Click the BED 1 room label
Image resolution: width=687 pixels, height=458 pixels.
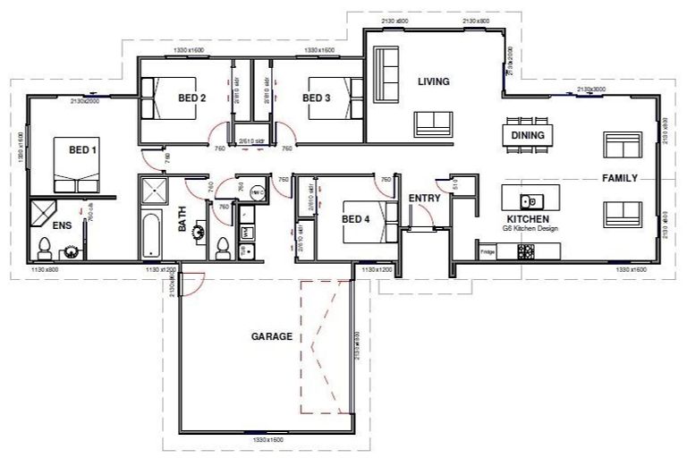[x=83, y=150]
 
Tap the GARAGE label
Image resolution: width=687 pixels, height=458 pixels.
[x=271, y=337]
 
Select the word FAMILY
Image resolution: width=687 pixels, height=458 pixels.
[x=619, y=178]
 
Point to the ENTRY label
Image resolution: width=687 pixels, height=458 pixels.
[x=423, y=199]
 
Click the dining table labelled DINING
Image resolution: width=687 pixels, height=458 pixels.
[x=528, y=135]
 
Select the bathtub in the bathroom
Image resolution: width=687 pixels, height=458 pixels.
[x=152, y=234]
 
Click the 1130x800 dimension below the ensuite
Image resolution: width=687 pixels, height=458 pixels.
[x=45, y=269]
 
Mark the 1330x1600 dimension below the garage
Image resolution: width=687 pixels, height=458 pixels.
[x=267, y=440]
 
